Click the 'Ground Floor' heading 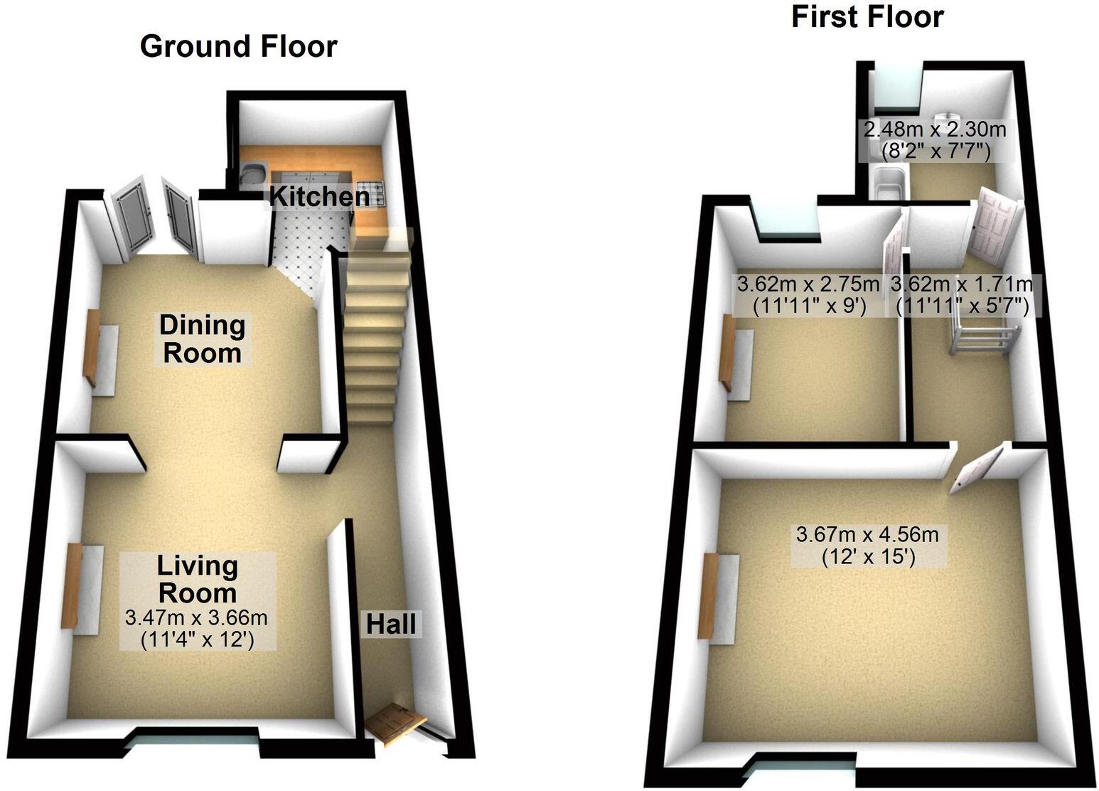point(238,47)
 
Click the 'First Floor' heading point(867,17)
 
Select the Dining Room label point(202,339)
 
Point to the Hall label point(390,625)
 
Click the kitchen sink point(254,171)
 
